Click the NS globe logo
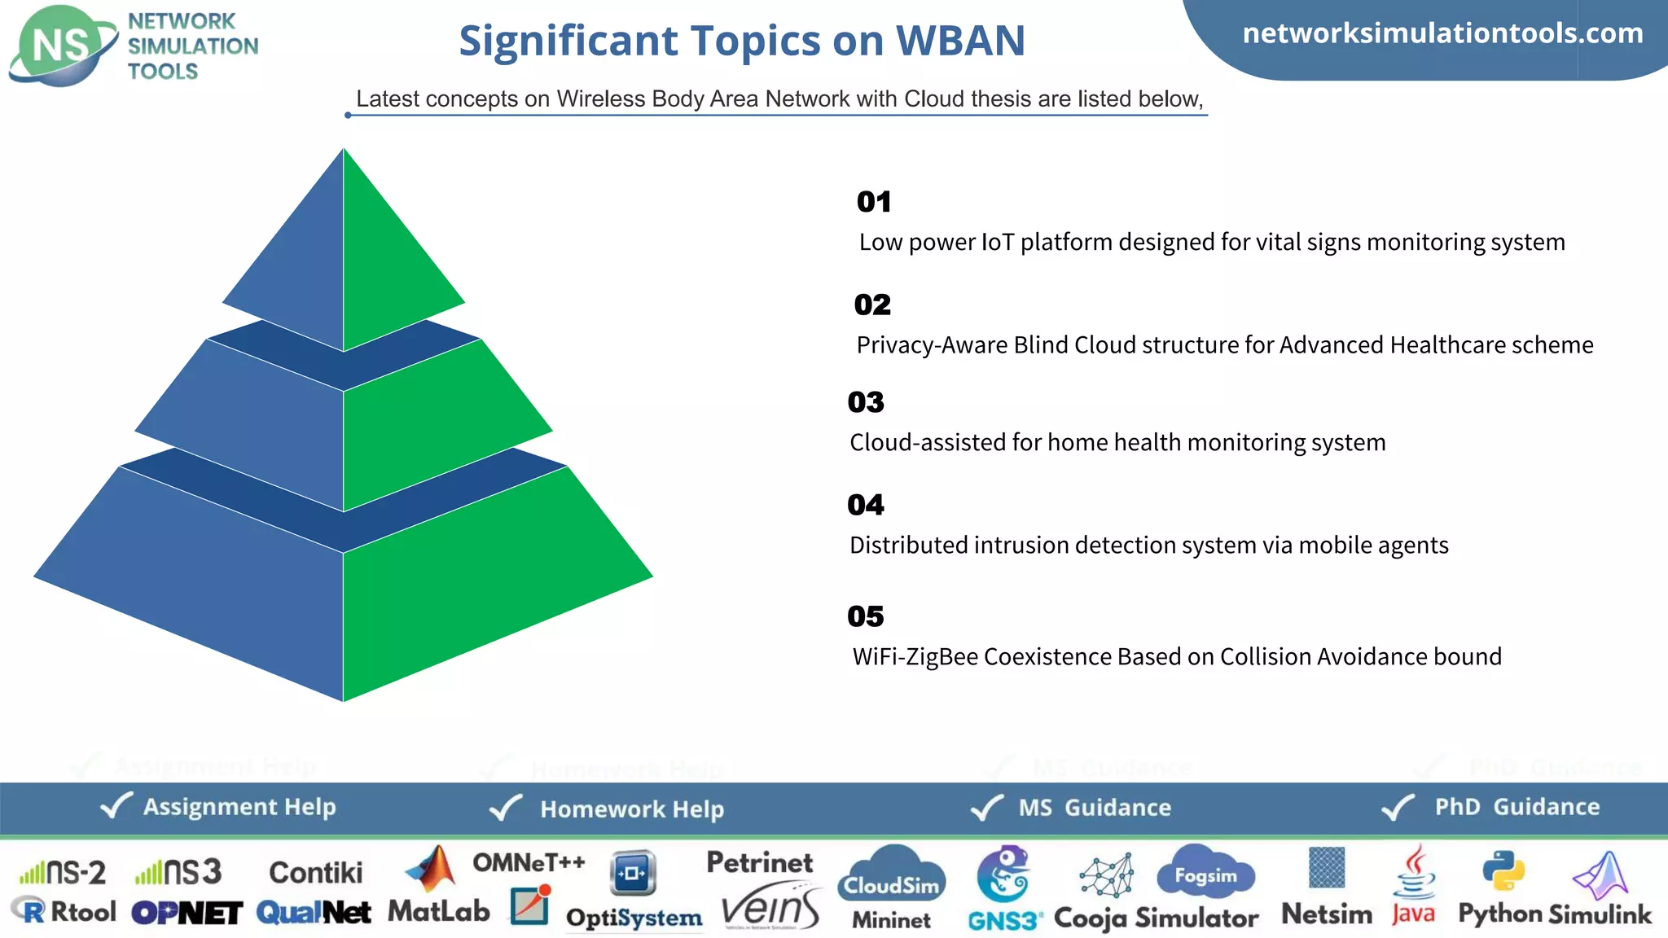point(62,46)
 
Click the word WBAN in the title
point(960,41)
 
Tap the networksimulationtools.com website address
point(1442,33)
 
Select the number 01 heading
point(874,202)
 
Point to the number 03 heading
point(866,402)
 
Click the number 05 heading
point(866,616)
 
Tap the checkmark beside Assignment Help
point(116,806)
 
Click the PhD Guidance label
point(1517,807)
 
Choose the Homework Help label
point(631,809)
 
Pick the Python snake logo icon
point(1503,871)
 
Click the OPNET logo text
point(187,914)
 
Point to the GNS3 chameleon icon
point(1003,873)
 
